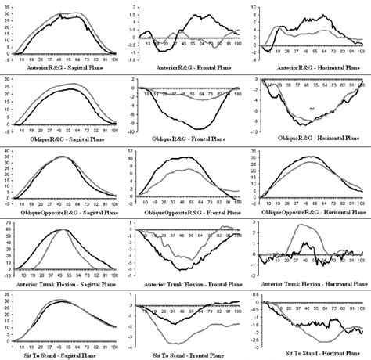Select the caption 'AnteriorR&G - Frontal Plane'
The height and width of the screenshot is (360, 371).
pos(186,67)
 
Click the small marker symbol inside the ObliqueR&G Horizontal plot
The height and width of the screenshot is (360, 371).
pos(312,108)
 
